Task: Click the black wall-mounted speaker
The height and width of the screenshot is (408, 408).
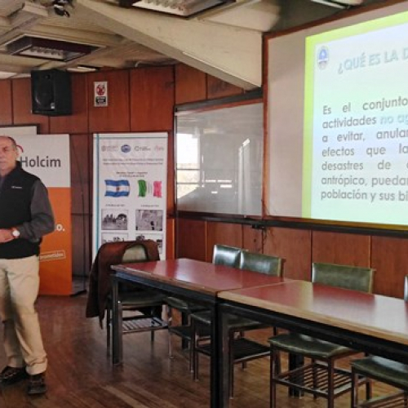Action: (x=51, y=91)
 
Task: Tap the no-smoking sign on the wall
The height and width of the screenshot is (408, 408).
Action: (x=100, y=94)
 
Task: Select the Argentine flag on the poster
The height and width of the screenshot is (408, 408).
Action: (x=117, y=188)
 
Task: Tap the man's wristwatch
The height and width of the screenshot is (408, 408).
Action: (x=16, y=233)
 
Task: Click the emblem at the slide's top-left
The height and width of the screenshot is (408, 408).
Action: (x=322, y=55)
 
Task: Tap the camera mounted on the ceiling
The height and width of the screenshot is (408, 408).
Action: (x=62, y=8)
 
